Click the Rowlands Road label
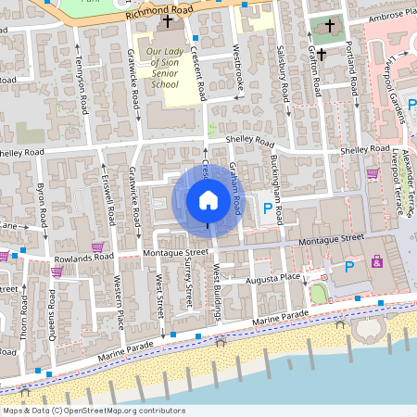pos(82,257)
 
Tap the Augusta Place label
pos(272,278)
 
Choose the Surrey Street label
pos(187,283)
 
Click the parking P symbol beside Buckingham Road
pos(269,209)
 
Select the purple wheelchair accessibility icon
pos(377,262)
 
